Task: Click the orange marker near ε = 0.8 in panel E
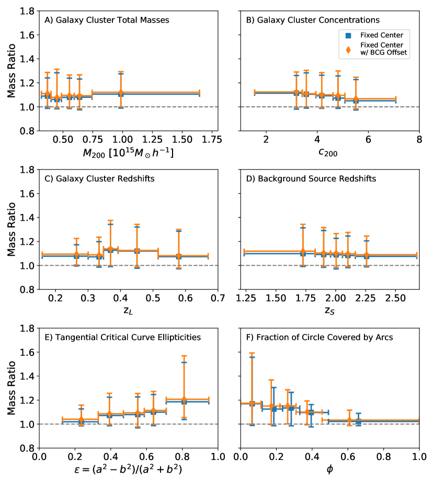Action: click(184, 400)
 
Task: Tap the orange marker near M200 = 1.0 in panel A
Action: click(121, 93)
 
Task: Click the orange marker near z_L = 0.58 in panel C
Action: click(179, 256)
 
